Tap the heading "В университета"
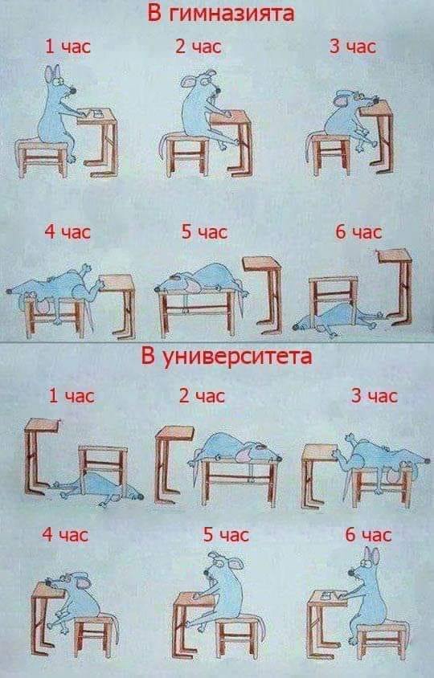pyautogui.click(x=226, y=356)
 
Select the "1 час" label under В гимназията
pyautogui.click(x=67, y=47)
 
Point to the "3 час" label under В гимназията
pyautogui.click(x=352, y=47)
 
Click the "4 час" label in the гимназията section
pyautogui.click(x=67, y=232)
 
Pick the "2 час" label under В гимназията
pyautogui.click(x=199, y=47)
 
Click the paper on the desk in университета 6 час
pyautogui.click(x=329, y=598)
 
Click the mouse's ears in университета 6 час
pyautogui.click(x=371, y=556)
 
